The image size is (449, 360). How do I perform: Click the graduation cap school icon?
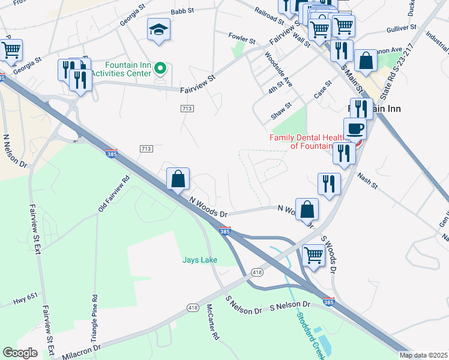[x=158, y=30]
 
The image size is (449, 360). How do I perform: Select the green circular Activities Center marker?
[x=160, y=68]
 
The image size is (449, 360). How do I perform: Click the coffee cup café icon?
[x=355, y=128]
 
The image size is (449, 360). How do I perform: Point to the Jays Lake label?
[x=200, y=260]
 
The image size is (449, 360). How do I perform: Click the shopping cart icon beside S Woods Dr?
[x=313, y=254]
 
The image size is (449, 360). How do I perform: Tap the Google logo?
[x=20, y=353]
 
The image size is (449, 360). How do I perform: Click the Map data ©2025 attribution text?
[x=424, y=355]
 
